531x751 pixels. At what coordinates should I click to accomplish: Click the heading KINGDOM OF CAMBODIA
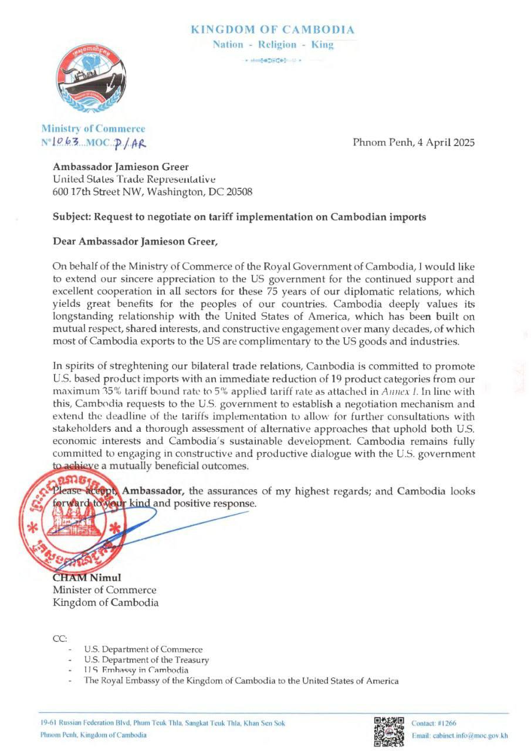[273, 29]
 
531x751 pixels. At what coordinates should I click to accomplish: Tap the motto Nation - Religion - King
[273, 45]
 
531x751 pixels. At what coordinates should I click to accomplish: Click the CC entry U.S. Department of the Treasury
[146, 660]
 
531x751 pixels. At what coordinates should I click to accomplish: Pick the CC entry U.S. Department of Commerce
[143, 649]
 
